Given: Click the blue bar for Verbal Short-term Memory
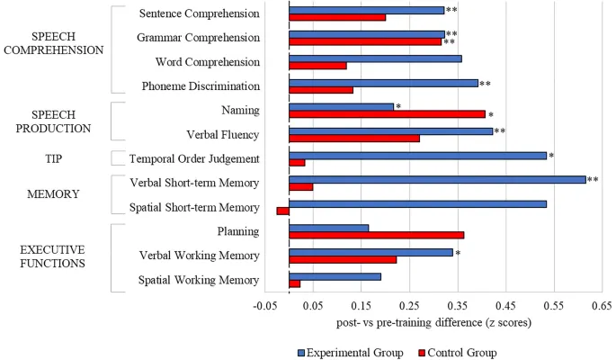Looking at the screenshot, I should pyautogui.click(x=437, y=180).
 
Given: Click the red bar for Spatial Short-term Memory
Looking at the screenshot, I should pyautogui.click(x=282, y=211).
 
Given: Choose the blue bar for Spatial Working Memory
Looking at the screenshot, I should pyautogui.click(x=335, y=276).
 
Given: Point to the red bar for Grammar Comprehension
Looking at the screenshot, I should pyautogui.click(x=365, y=41).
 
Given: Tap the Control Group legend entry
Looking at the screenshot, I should pyautogui.click(x=460, y=353).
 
